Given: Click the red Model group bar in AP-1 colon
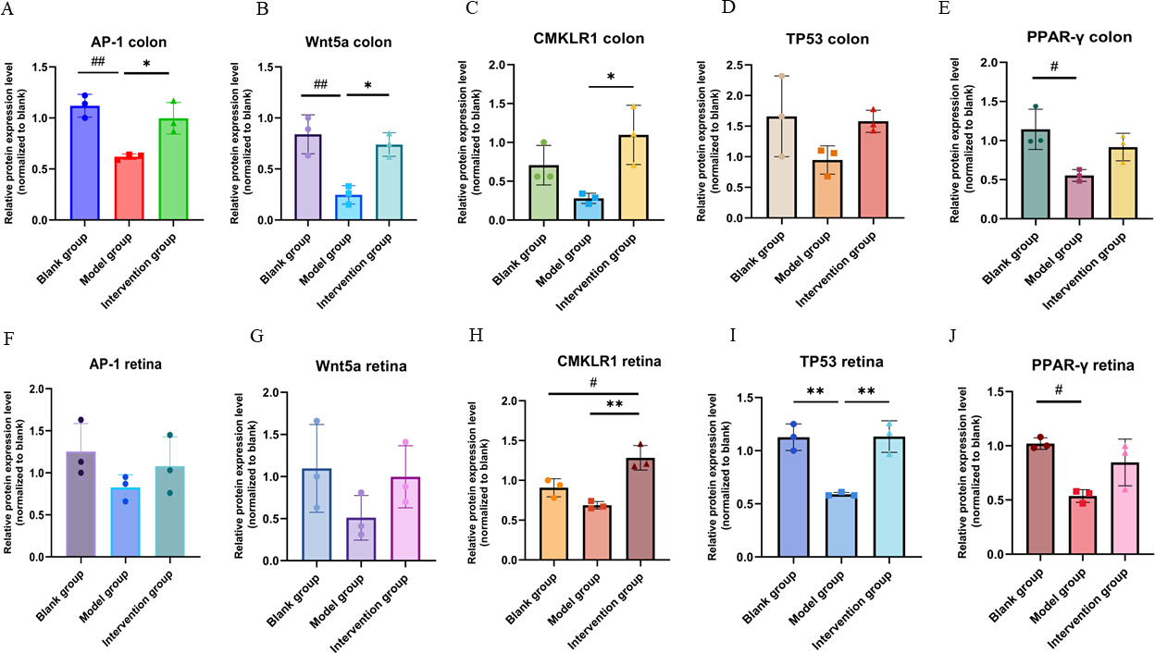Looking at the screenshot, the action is point(129,187).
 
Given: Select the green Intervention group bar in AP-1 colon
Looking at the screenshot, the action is point(174,169).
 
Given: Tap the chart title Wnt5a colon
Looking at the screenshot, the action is point(348,42).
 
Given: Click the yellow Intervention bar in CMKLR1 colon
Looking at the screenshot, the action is point(634,178).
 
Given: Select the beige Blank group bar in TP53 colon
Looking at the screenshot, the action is point(782,167).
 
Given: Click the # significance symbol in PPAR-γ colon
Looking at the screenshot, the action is point(1054,66).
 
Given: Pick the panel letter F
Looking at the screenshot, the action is point(8,339).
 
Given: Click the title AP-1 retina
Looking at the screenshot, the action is point(125,364).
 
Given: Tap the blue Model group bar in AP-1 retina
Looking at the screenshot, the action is point(125,522).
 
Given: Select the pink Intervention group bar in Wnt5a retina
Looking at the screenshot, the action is point(405,519).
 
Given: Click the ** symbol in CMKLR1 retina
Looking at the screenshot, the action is point(615,404).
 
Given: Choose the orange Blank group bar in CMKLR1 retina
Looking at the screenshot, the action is point(553,524).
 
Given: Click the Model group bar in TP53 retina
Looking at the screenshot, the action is point(841,525).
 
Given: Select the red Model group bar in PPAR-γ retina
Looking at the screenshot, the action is point(1082,525).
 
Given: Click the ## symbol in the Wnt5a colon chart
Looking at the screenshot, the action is point(321,84).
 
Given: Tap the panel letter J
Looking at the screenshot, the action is point(952,336).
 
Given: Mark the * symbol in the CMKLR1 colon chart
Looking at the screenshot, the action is point(611,78).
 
